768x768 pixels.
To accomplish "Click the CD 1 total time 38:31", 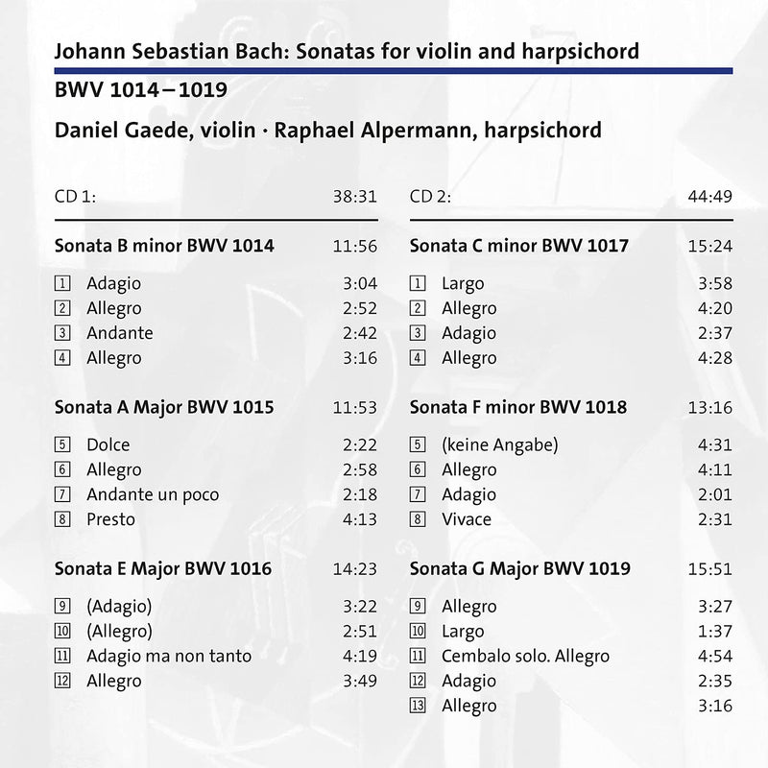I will click(x=354, y=197).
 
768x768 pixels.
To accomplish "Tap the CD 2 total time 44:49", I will click(x=710, y=197).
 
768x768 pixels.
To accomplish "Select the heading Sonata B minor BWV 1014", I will click(x=165, y=246).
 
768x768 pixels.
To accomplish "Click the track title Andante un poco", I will click(x=152, y=494).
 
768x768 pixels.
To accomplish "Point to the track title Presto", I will click(x=110, y=519).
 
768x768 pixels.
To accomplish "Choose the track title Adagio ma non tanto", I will click(x=168, y=657).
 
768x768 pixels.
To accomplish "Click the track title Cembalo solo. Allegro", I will click(x=525, y=657).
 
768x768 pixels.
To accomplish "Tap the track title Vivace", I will click(x=466, y=519).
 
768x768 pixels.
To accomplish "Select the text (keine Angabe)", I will click(x=499, y=444).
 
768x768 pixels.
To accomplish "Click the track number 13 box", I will click(x=417, y=706).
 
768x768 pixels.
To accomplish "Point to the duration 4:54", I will click(x=715, y=657).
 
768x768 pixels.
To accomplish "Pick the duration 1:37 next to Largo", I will click(x=715, y=632).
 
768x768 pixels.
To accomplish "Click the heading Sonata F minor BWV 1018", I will click(x=518, y=407).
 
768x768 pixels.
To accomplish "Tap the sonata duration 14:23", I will click(x=354, y=568).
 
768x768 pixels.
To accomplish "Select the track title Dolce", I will click(x=108, y=444).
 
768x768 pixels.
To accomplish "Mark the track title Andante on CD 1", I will click(x=119, y=333).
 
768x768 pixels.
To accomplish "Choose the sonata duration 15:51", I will click(x=710, y=568).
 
